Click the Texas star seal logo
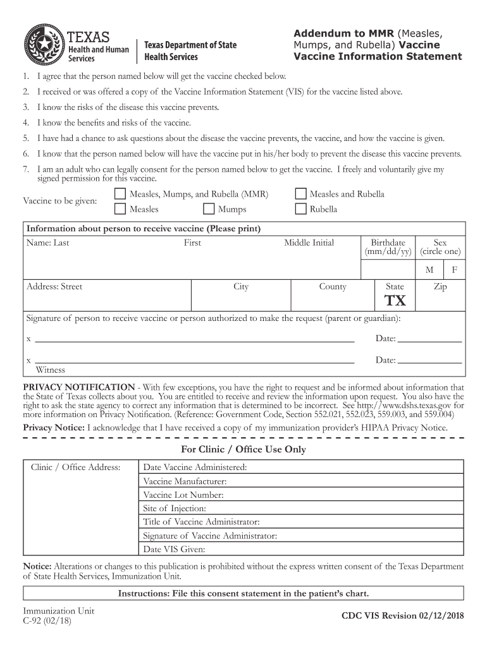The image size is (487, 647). click(44, 44)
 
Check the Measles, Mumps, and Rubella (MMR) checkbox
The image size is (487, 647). click(120, 194)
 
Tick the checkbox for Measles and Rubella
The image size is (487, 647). click(300, 194)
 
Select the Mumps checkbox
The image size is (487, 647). click(209, 209)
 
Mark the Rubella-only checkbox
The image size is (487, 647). click(300, 209)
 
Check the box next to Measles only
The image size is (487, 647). click(120, 209)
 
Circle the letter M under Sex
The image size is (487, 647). click(429, 270)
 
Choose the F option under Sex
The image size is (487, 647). click(454, 270)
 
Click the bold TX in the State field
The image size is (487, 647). click(396, 299)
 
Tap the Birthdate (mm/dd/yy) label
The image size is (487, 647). click(388, 247)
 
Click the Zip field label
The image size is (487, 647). click(440, 287)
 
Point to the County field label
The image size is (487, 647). click(333, 287)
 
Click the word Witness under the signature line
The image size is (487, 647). click(50, 370)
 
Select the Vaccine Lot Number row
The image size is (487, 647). click(183, 495)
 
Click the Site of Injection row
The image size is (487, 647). click(175, 509)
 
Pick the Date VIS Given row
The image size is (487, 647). click(175, 550)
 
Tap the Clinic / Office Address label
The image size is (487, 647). click(76, 468)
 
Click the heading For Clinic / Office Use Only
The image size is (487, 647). click(244, 450)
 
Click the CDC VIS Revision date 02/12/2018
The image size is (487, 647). click(402, 616)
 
